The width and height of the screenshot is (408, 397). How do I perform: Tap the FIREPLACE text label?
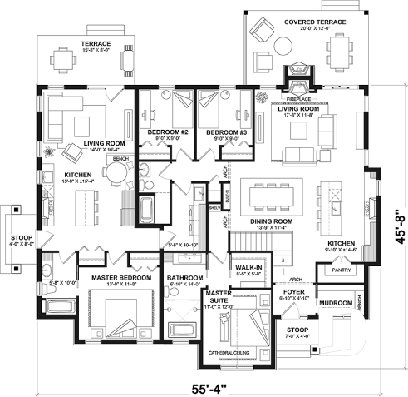[x=297, y=87]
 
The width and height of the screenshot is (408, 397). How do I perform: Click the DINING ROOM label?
[x=268, y=221]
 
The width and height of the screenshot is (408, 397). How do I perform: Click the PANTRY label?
[x=339, y=271]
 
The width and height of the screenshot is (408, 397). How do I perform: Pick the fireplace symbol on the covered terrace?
[x=297, y=72]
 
